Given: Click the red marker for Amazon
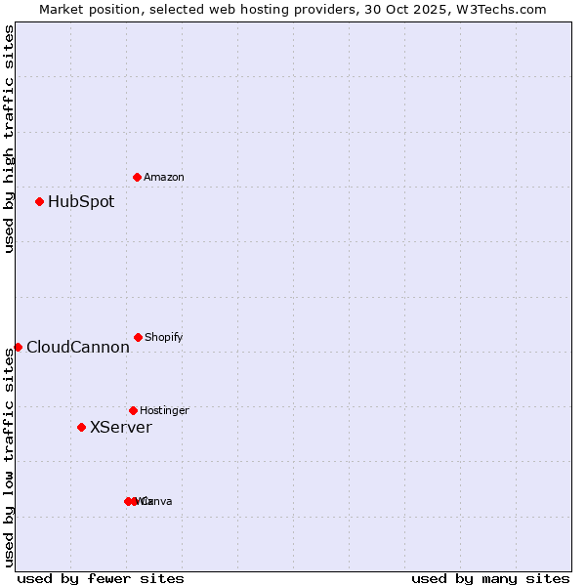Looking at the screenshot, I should (137, 177).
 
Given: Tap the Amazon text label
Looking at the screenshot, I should (164, 177).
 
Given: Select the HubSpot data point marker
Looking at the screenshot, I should (39, 201).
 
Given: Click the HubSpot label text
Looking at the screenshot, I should (81, 202).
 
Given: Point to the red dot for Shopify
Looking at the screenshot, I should (138, 337).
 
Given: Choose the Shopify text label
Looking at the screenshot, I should (164, 337).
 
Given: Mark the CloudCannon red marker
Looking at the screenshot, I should (18, 347).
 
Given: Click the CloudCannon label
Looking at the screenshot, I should (78, 348).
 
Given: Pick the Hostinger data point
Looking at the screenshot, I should (133, 410).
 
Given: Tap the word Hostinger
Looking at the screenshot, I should (164, 410).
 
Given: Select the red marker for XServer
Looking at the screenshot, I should (81, 427).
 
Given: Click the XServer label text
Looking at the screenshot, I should (121, 428).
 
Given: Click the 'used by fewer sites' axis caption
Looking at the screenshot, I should (101, 578).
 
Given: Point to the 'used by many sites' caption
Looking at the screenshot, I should (490, 578).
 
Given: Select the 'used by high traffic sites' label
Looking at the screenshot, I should (9, 139).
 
